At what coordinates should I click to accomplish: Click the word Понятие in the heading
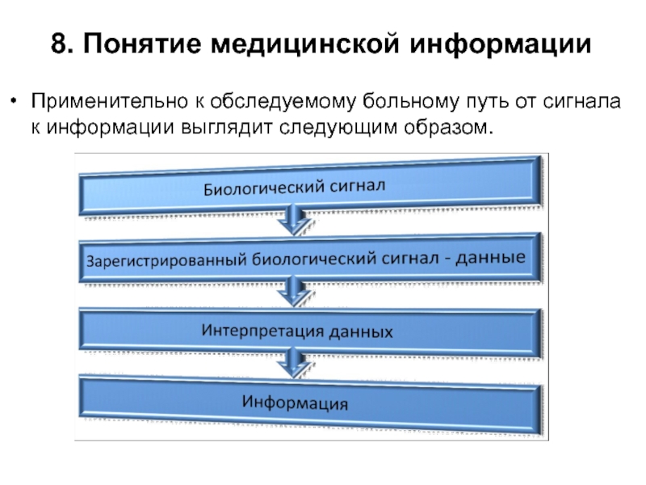click(x=142, y=44)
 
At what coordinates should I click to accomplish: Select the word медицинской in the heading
click(x=305, y=44)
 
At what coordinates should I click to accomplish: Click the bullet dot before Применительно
click(x=15, y=100)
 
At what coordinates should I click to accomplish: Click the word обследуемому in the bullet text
click(x=283, y=102)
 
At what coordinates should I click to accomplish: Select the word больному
click(x=411, y=102)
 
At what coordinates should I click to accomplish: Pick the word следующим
click(x=338, y=128)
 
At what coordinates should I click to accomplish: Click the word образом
click(x=448, y=127)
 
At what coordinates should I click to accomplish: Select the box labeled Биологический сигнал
click(x=310, y=186)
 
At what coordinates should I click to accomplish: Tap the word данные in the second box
click(x=490, y=257)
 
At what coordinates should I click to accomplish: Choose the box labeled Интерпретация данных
click(x=310, y=332)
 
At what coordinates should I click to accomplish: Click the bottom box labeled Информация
click(x=310, y=403)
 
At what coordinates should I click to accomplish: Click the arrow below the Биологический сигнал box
click(x=293, y=221)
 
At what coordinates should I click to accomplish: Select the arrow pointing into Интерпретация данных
click(x=293, y=292)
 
